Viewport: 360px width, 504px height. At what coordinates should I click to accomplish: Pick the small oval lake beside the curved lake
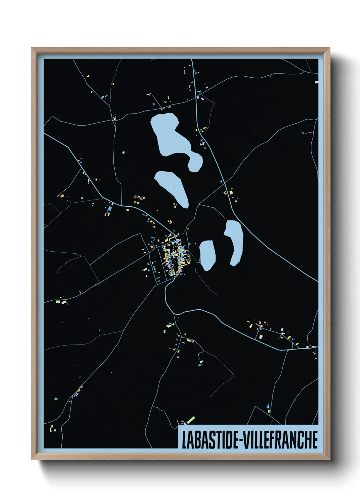pyautogui.click(x=207, y=255)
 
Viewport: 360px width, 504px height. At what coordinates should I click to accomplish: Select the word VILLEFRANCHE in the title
pyautogui.click(x=280, y=440)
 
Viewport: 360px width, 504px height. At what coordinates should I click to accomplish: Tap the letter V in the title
pyautogui.click(x=246, y=440)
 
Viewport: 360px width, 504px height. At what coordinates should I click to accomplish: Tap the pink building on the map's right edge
pyautogui.click(x=317, y=82)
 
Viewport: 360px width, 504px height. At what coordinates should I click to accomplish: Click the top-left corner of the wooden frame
pyautogui.click(x=32, y=48)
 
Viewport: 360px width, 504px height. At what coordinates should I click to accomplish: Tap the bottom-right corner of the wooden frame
pyautogui.click(x=329, y=459)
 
